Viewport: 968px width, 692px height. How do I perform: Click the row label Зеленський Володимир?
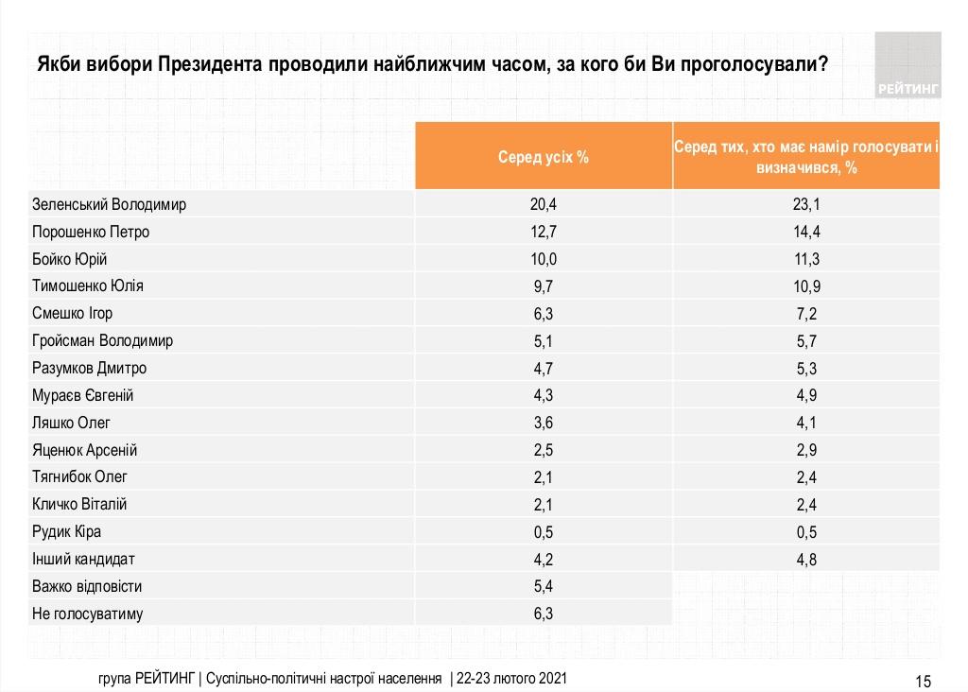(x=109, y=204)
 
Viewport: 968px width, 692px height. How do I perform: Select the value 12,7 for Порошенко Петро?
(x=544, y=233)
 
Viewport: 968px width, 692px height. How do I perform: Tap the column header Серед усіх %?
(x=544, y=158)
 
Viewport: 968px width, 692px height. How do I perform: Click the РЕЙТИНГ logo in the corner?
(x=908, y=65)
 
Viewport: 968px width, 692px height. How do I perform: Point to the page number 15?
(x=923, y=681)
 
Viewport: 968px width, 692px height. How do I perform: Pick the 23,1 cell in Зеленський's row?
(x=806, y=204)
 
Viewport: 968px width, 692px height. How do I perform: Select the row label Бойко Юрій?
(x=70, y=259)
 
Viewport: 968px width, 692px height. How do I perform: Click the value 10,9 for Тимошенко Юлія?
(x=806, y=286)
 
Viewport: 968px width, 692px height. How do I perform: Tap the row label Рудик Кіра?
(x=67, y=531)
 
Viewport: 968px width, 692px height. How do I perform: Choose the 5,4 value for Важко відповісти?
(x=544, y=586)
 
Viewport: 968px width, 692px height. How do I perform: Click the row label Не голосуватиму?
(x=88, y=614)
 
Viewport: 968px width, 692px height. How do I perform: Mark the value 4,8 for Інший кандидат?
(x=806, y=560)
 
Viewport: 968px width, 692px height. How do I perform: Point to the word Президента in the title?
(x=210, y=64)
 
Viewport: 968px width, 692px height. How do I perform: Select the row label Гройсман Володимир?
(x=102, y=340)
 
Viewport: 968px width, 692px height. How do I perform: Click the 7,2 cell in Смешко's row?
(x=806, y=314)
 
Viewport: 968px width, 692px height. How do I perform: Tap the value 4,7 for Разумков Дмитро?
(x=544, y=369)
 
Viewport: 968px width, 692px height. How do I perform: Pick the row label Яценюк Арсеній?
(x=84, y=450)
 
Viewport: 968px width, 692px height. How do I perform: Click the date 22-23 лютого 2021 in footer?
(x=511, y=679)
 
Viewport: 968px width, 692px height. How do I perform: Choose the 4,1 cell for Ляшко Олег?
(x=806, y=423)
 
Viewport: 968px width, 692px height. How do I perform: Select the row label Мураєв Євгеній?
(x=83, y=396)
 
